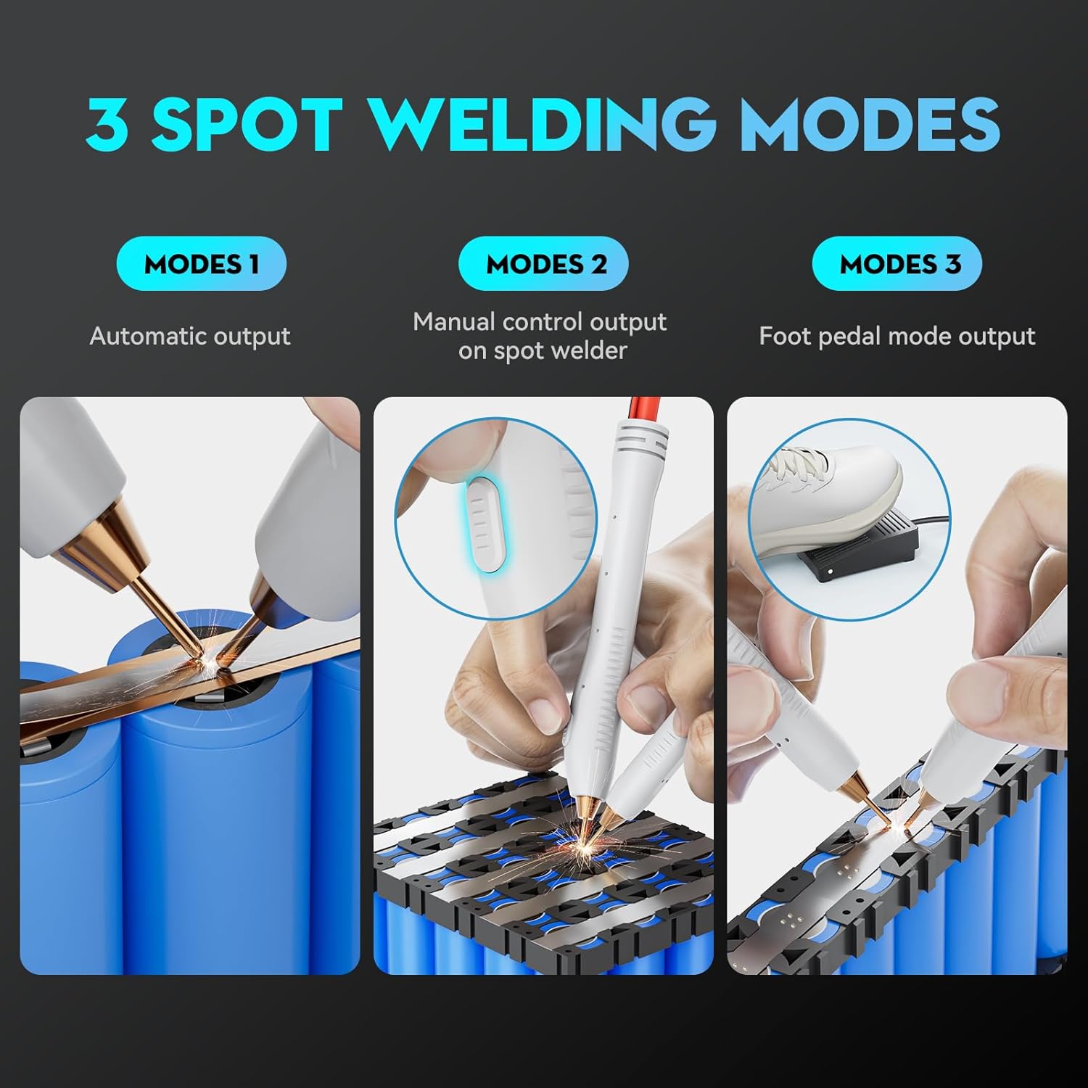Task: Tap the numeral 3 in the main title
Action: coord(107,123)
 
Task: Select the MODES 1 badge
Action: coord(202,264)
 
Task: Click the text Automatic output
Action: coord(190,337)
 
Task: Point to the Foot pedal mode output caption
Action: coord(897,337)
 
